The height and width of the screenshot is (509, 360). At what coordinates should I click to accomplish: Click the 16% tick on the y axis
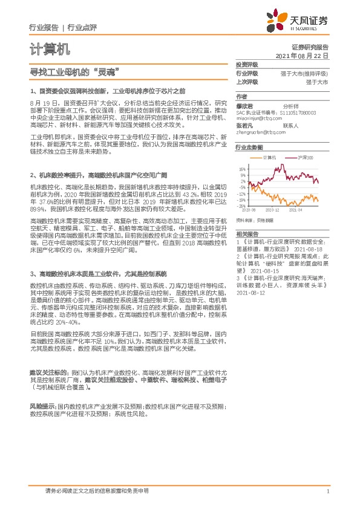coord(241,170)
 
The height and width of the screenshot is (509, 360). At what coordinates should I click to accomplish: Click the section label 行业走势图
coord(249,147)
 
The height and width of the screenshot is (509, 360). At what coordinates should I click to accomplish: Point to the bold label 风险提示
coord(42,407)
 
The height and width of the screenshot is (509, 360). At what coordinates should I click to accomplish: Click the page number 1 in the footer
coord(327,491)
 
